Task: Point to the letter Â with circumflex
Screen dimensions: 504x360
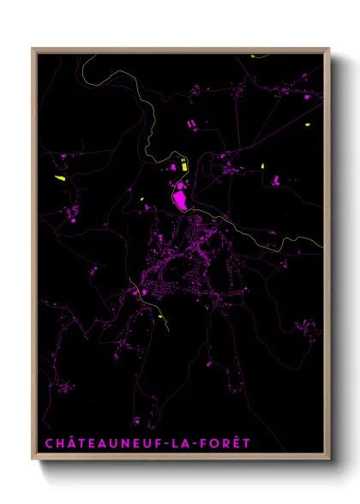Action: tap(70, 442)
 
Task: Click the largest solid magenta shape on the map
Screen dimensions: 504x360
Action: tap(181, 200)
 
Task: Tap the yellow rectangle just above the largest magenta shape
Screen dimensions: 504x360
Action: tap(181, 166)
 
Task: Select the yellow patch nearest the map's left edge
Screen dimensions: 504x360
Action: tap(60, 178)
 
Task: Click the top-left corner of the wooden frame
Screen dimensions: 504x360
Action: tap(33, 49)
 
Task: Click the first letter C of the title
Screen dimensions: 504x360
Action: tap(49, 443)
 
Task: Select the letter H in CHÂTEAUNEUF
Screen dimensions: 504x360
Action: tap(59, 443)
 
